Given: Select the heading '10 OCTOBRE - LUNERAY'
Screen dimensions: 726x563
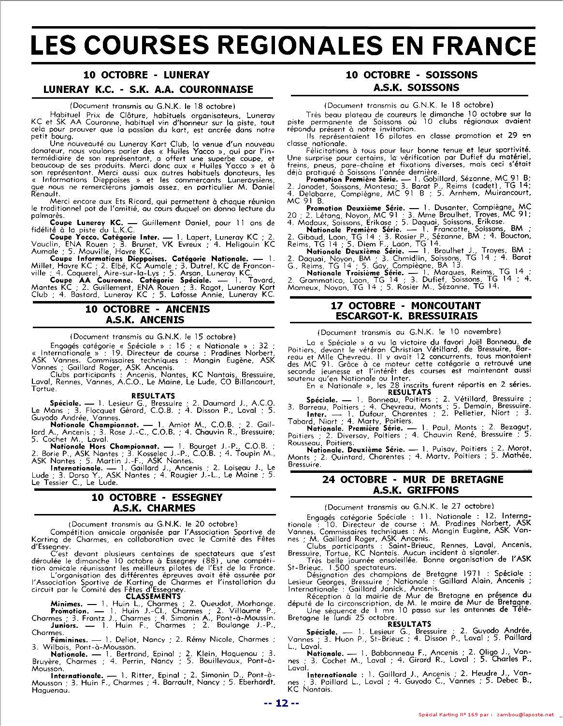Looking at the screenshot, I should click(146, 75).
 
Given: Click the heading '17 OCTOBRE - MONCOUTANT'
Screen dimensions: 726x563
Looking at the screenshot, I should click(405, 306).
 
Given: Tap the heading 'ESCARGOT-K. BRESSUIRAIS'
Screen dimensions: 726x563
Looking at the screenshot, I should click(411, 316).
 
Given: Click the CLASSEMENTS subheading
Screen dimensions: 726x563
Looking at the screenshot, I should click(153, 596).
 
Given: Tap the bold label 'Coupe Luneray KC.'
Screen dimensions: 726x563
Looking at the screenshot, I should click(84, 223).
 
